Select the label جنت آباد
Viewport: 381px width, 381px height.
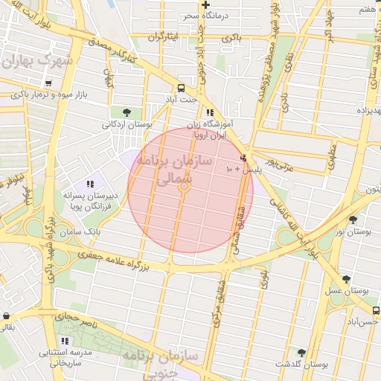pos(182,98)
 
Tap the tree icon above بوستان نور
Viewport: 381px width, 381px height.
pos(353,220)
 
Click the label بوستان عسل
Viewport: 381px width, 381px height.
pos(346,290)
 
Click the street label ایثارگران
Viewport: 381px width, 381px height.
pos(164,36)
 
